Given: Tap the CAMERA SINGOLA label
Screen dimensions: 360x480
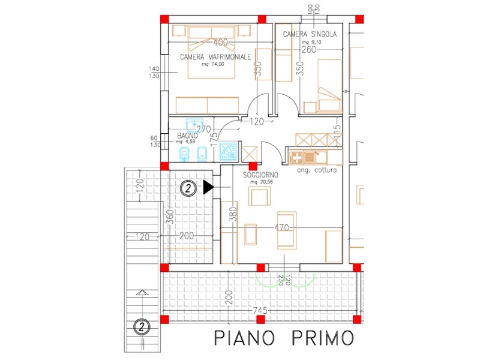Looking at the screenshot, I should tap(310, 35).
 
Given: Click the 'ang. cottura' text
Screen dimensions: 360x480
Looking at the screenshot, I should tap(317, 170).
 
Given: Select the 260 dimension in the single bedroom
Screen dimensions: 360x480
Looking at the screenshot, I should tap(309, 50).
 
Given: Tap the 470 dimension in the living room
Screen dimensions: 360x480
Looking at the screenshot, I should tap(282, 228).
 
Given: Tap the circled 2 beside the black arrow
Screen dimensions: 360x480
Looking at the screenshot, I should tap(188, 188).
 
